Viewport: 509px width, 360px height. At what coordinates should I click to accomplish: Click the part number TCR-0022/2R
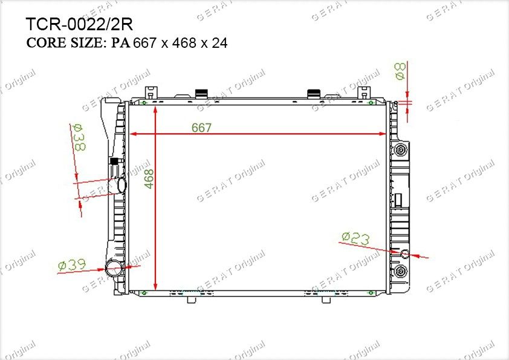79,24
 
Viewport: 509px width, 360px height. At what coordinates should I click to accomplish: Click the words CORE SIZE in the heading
64,42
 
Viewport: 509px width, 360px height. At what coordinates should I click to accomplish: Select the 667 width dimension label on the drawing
201,128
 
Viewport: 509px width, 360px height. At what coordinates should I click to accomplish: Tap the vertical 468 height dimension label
149,178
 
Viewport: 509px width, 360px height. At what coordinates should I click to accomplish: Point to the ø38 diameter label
79,137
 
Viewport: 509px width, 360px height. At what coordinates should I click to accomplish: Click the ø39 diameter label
72,265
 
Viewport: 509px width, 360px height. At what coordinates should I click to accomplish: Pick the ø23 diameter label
356,238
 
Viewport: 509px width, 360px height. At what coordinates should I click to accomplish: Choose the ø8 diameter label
400,71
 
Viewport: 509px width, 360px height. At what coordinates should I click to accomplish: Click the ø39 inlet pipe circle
114,267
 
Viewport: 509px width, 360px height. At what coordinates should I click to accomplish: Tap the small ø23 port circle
405,254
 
